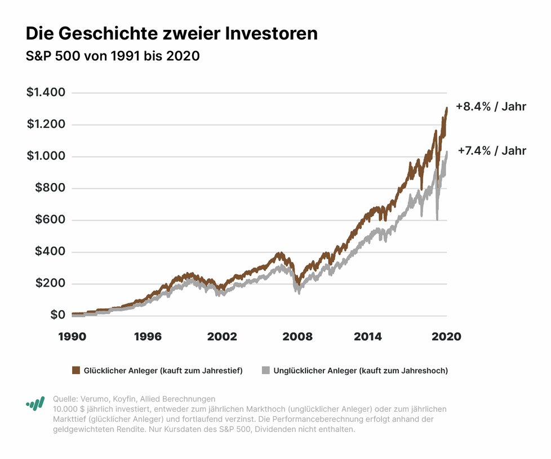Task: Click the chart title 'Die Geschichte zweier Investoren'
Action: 172,34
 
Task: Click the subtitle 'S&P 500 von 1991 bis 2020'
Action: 113,56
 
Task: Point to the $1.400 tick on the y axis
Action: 46,92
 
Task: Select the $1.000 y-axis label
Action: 46,156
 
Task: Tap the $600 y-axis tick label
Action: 50,220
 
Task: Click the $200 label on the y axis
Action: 50,283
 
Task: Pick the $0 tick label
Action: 57,315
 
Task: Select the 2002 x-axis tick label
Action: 221,336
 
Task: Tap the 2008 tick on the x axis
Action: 297,336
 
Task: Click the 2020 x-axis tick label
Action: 446,336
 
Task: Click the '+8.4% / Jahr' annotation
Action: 491,106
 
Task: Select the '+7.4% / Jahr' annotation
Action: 492,150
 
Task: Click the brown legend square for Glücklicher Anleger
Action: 76,370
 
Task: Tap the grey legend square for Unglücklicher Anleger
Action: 266,370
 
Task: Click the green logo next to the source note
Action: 35,403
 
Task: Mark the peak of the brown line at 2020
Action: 447,108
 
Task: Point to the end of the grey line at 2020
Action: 447,152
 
